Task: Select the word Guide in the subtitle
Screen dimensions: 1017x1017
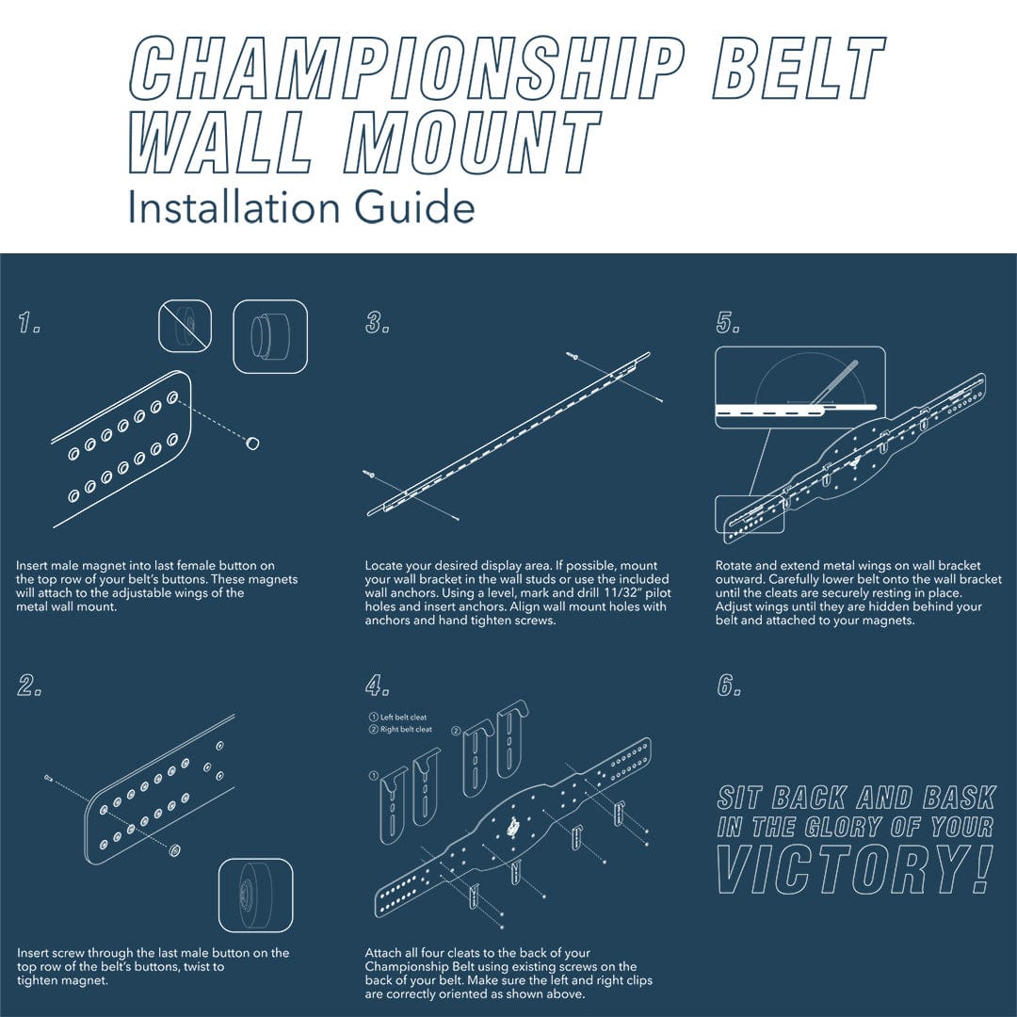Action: pos(414,207)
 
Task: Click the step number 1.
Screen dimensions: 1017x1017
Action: pos(29,322)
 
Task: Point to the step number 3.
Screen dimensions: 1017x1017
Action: pos(378,322)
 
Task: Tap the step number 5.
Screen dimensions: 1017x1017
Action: pos(728,322)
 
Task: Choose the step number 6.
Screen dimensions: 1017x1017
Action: pos(729,685)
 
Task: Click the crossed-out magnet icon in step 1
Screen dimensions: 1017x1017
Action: pos(185,326)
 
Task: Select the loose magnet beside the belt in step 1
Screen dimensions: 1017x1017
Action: pos(251,443)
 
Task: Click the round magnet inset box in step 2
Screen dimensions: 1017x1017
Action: pos(255,896)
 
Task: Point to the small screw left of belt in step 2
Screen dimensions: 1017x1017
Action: pos(49,777)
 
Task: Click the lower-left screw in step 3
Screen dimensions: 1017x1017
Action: pos(369,474)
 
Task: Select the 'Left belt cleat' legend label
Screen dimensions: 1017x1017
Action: pos(397,718)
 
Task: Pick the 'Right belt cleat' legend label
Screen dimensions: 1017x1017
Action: pos(400,729)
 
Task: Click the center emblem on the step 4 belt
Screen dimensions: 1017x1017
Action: pos(514,827)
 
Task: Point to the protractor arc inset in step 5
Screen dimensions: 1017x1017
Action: pos(800,387)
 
